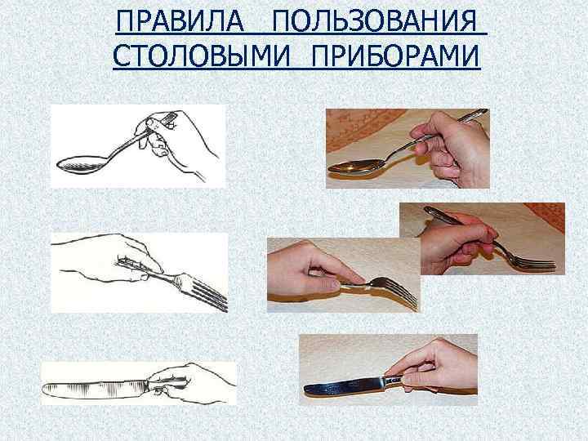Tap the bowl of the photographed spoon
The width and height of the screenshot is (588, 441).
click(352, 167)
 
